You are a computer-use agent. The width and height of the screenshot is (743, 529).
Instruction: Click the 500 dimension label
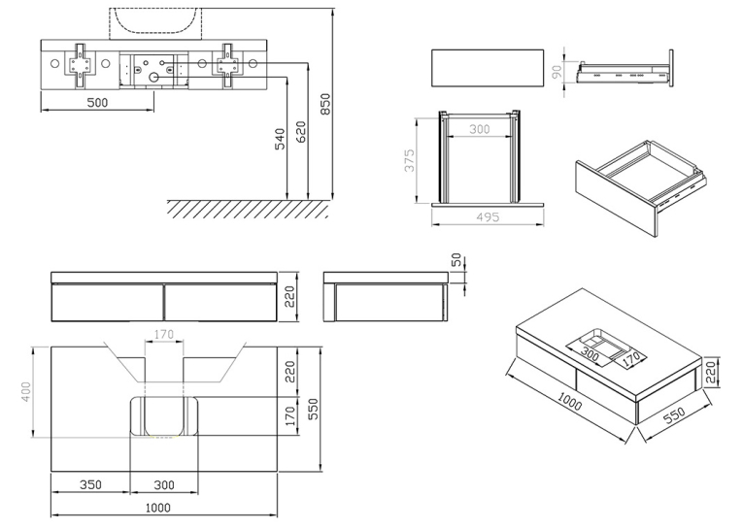point(97,102)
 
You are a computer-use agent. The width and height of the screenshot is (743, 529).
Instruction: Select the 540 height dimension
point(280,139)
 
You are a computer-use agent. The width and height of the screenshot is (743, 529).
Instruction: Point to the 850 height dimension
point(325,104)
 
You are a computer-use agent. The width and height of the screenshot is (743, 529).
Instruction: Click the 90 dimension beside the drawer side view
point(557,72)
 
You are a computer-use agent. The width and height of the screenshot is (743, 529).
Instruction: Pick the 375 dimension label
point(410,160)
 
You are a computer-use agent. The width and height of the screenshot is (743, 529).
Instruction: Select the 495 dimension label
point(488,216)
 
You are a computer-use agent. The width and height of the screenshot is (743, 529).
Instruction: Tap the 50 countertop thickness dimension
point(456,259)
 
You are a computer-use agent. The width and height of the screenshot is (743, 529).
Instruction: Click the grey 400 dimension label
point(26,392)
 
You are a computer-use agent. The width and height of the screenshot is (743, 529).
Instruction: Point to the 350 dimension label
point(90,484)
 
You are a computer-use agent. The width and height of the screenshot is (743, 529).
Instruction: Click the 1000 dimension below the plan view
point(157,508)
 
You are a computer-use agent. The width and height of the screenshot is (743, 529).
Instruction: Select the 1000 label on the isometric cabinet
point(569,402)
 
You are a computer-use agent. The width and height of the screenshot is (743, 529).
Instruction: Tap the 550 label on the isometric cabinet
point(674,414)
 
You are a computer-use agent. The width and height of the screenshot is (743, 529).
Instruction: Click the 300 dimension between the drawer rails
point(479,129)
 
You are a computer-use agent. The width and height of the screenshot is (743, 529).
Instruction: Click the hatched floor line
point(248,209)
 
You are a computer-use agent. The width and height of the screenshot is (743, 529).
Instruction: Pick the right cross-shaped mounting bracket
point(228,66)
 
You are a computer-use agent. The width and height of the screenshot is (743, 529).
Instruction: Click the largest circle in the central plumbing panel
point(154,78)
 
